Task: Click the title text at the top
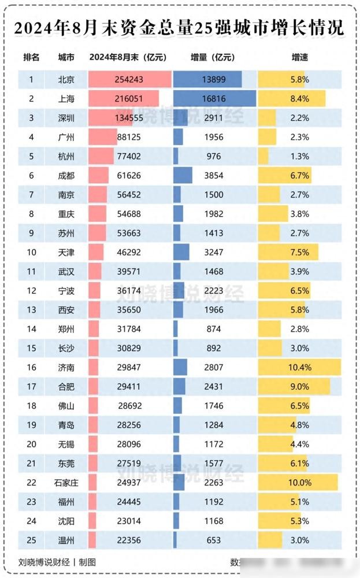(179, 27)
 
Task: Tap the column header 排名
(32, 57)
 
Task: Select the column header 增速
(299, 57)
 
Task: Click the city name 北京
(66, 79)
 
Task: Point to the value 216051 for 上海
(129, 98)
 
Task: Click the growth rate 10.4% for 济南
(299, 367)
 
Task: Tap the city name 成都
(66, 175)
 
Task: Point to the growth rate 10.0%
(299, 482)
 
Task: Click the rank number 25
(32, 540)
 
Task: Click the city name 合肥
(66, 386)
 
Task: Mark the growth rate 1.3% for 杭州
(299, 156)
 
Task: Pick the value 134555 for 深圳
(129, 117)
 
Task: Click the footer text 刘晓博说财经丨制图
(57, 561)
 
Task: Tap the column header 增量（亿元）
(213, 57)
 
